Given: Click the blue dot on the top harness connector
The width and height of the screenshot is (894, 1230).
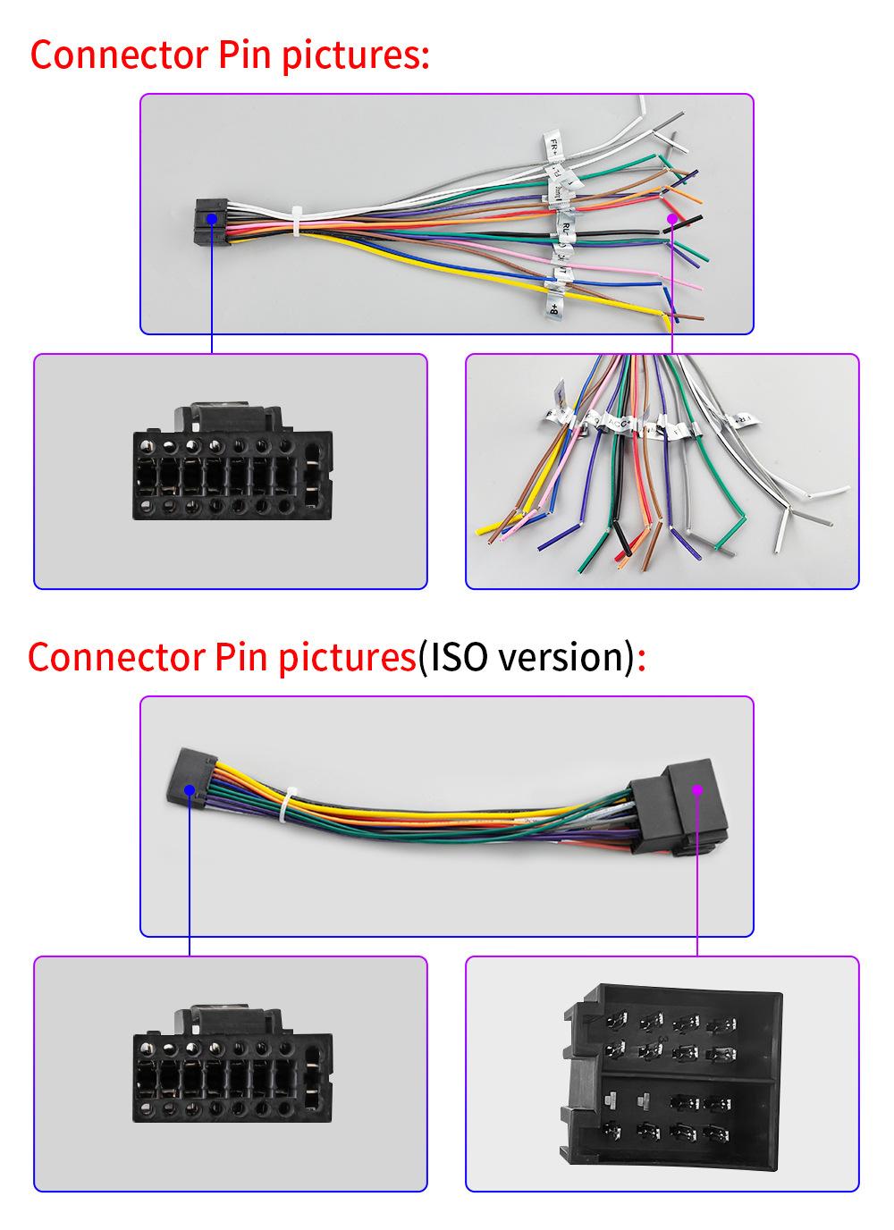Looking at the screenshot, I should point(211,217).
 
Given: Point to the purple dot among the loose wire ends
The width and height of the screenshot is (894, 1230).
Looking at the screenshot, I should point(671,217).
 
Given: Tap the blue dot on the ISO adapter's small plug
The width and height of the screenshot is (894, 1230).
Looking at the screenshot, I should point(190,789).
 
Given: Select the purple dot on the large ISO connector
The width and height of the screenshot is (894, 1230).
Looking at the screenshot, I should point(697,789).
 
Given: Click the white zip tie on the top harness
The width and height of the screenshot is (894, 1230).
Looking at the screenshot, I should point(296,222).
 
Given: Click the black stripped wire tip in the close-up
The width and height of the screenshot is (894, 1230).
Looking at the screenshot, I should point(623,545).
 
